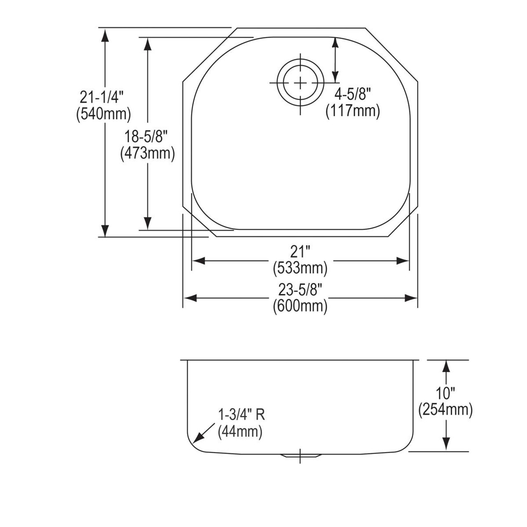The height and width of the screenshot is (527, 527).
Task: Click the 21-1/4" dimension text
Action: pyautogui.click(x=102, y=98)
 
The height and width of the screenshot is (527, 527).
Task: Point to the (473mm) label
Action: pyautogui.click(x=147, y=153)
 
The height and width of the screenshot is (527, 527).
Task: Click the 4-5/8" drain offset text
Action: pyautogui.click(x=352, y=95)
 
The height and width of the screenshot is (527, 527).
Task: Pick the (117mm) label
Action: pyautogui.click(x=352, y=111)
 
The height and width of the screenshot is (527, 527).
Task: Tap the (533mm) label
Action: pyautogui.click(x=300, y=268)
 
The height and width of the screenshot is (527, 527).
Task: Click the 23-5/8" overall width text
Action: pyautogui.click(x=300, y=290)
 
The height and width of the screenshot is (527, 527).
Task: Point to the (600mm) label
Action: pyautogui.click(x=300, y=306)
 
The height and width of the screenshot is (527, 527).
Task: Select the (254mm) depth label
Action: pyautogui.click(x=445, y=410)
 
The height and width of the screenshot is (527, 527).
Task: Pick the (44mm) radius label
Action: pyautogui.click(x=240, y=431)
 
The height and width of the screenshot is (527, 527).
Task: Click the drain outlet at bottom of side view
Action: pyautogui.click(x=301, y=455)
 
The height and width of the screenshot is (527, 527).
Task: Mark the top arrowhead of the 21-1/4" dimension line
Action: pyautogui.click(x=105, y=36)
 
